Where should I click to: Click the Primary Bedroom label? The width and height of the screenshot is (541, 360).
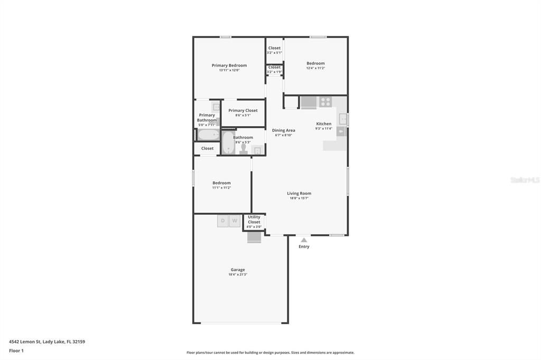[229, 65]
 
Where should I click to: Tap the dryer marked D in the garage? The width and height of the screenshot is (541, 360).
[223, 221]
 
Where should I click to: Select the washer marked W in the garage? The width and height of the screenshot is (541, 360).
[235, 221]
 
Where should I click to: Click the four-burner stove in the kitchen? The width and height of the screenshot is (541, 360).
[325, 102]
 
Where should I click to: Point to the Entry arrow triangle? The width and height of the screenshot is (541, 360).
[304, 240]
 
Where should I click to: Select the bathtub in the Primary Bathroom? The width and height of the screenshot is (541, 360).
[208, 135]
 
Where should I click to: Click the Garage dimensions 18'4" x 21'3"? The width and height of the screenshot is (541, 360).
[238, 274]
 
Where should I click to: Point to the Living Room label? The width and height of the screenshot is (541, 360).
[299, 193]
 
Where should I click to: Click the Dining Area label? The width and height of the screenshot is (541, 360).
[284, 130]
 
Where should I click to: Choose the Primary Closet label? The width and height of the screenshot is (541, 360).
[243, 110]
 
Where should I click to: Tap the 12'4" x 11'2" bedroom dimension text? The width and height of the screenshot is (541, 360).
[315, 68]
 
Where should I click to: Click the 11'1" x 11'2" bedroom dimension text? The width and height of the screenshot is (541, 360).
[221, 188]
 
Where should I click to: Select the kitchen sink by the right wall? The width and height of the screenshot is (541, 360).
[343, 119]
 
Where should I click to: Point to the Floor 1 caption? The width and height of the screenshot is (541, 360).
[16, 350]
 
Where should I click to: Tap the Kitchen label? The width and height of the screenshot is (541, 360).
[324, 124]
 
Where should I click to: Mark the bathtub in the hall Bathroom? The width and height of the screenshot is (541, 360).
[228, 143]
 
